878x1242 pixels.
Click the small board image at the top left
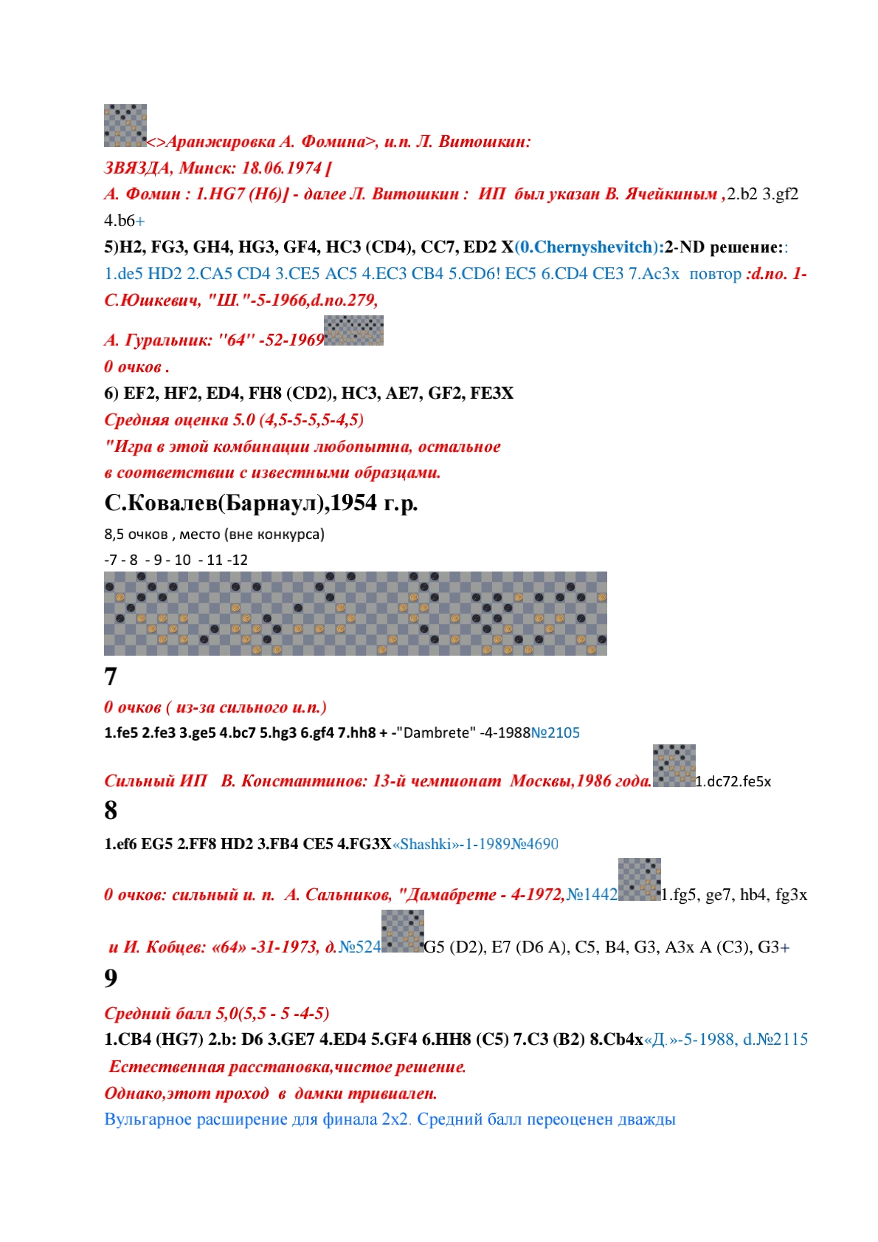pos(125,125)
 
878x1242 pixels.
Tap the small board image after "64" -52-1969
pos(353,330)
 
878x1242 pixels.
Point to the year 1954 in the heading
pos(353,503)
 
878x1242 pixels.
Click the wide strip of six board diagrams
pos(355,613)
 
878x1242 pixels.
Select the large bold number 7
pos(111,676)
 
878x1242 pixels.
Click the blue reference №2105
pos(555,732)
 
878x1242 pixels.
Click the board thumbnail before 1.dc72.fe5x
pos(674,766)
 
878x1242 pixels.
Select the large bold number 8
pos(111,810)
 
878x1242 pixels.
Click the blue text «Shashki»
pos(424,844)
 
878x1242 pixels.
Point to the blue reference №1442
pos(592,895)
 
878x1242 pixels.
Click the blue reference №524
pos(359,947)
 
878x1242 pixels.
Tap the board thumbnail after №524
pos(402,931)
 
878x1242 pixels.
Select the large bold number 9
pos(111,978)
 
